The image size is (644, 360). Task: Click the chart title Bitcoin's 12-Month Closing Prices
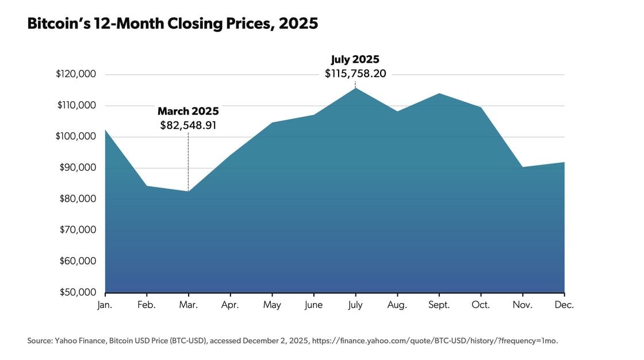172,24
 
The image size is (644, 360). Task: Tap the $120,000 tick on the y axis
76,74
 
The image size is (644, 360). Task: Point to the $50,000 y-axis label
78,292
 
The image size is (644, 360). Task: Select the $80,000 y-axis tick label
78,199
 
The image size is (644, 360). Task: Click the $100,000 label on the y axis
76,137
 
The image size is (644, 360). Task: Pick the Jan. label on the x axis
105,305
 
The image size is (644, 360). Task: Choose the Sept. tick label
439,305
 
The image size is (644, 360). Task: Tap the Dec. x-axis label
564,305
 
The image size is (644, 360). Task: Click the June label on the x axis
313,305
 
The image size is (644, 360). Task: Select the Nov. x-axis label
522,305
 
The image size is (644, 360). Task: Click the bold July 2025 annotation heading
355,59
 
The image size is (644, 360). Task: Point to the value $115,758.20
355,73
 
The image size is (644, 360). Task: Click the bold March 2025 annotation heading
188,111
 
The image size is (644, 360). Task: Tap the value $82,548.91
188,125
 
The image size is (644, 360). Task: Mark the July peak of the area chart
355,88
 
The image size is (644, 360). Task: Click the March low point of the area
188,192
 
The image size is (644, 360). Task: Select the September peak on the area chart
439,93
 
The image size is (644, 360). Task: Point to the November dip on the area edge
522,167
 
